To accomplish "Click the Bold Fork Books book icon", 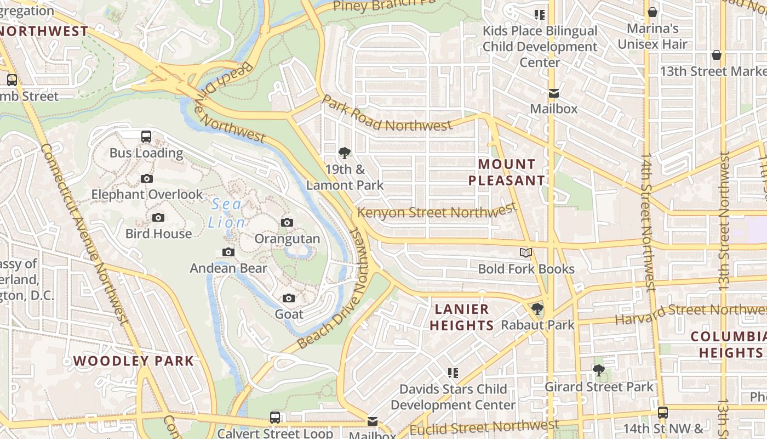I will click(x=526, y=252).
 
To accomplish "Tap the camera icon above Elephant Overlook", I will click(x=146, y=178).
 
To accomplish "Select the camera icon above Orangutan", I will click(x=287, y=222).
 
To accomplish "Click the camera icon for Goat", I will click(x=289, y=298).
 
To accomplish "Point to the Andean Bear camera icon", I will click(x=228, y=252).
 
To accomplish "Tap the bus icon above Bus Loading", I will click(x=146, y=136).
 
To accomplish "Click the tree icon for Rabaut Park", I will click(x=537, y=309).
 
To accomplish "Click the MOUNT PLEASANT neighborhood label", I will click(x=507, y=172).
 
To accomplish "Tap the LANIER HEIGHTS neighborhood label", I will click(x=461, y=317).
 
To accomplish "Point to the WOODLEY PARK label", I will click(x=134, y=361).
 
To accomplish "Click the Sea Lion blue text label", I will click(x=226, y=213).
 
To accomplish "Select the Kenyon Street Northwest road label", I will click(x=437, y=211).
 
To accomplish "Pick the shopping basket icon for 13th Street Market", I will click(x=716, y=55).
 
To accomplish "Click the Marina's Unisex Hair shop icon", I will click(x=652, y=12).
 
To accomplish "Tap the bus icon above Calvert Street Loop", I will click(x=275, y=417).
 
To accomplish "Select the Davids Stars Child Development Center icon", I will click(x=453, y=373).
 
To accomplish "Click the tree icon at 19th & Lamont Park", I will click(x=345, y=153).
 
